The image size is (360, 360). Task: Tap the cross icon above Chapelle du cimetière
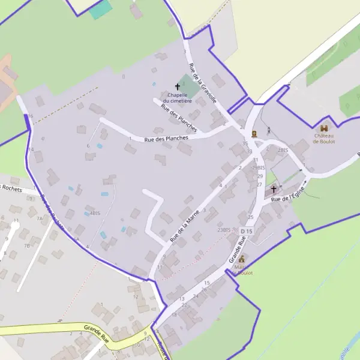coord(178,87)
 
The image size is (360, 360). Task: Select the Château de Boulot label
coord(324,139)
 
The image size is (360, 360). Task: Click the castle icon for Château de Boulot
coord(325,128)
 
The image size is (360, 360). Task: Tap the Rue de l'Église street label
coord(288,194)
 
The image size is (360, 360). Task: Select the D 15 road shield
coord(247,231)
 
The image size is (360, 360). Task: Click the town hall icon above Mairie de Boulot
coord(242,259)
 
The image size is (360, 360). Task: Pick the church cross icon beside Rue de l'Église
coord(274,188)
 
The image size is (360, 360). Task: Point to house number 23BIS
coord(224,230)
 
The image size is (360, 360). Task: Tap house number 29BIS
coord(258,168)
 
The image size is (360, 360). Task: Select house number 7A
coord(40,218)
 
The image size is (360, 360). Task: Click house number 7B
coord(26,246)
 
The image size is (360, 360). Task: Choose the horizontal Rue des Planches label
coord(166,138)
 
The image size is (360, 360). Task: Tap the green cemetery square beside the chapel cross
coord(189,86)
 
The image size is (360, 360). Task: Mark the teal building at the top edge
coord(101,10)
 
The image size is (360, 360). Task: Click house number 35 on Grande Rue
coord(245,144)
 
